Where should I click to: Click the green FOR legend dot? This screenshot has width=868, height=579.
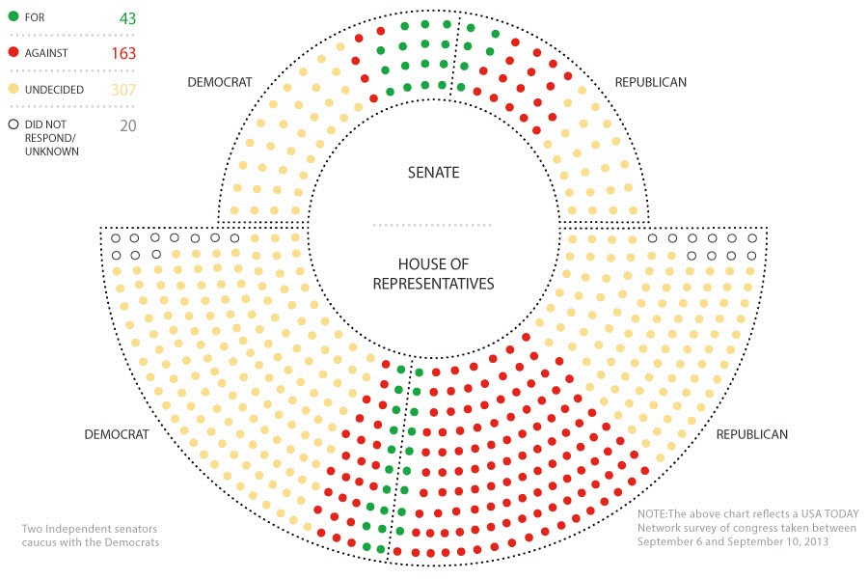click(14, 16)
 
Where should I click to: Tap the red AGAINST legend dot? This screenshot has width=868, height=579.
click(14, 52)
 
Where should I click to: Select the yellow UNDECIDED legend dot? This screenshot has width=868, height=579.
click(14, 89)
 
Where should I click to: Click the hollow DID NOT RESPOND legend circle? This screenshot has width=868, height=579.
click(14, 124)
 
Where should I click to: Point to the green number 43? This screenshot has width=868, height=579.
click(128, 18)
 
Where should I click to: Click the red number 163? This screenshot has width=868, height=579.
click(123, 53)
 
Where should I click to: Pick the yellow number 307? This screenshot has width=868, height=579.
click(123, 90)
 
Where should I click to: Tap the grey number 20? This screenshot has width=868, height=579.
click(128, 125)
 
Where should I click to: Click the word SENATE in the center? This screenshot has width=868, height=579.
click(433, 173)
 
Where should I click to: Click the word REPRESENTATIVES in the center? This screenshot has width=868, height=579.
click(433, 284)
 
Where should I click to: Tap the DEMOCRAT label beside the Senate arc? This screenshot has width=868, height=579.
click(220, 82)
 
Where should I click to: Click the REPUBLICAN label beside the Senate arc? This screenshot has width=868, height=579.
click(650, 82)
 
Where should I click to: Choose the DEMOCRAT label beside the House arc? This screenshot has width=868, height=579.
click(117, 434)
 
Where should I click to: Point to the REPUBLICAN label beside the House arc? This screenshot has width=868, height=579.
click(751, 434)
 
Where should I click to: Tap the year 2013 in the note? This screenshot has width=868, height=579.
click(816, 541)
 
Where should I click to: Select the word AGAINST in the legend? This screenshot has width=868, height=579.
click(46, 53)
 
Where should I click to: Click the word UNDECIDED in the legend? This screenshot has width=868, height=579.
click(54, 90)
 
